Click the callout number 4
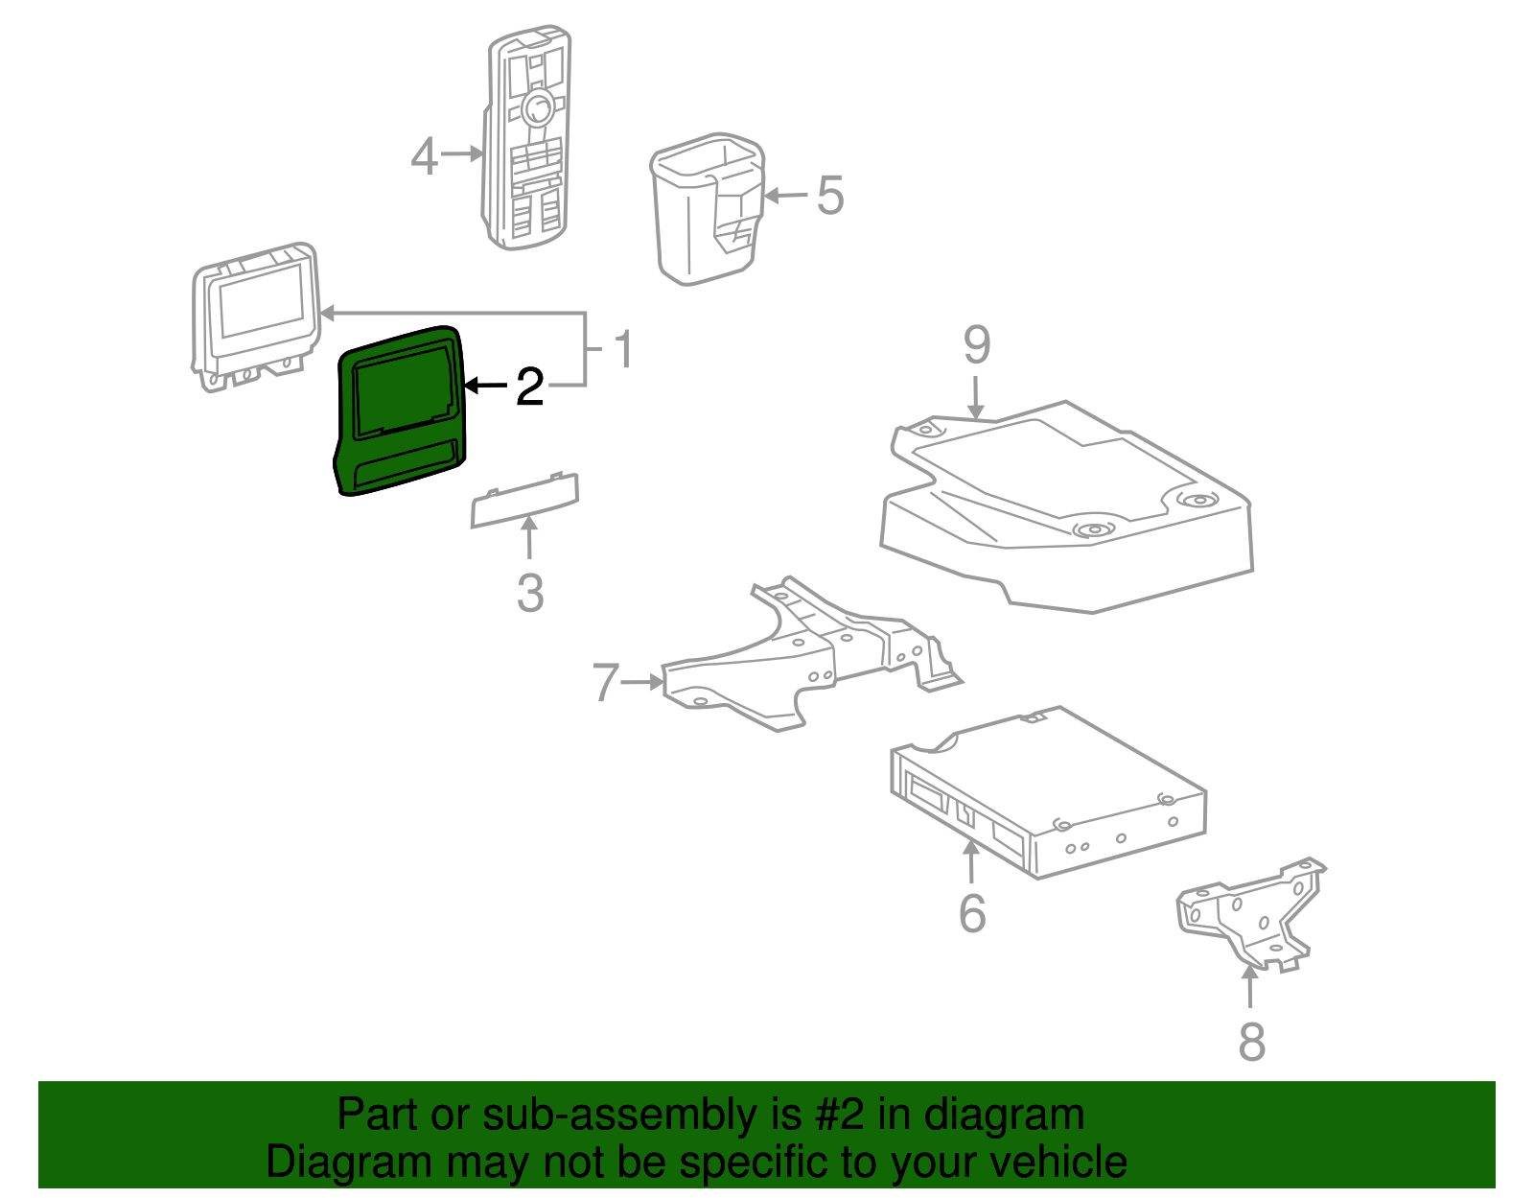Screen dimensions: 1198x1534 pos(424,156)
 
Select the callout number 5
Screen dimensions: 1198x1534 pos(829,196)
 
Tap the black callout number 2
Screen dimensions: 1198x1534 pos(529,387)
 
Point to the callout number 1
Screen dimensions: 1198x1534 pos(623,349)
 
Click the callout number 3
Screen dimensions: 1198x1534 pos(530,593)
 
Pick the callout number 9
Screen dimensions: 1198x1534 pos(976,345)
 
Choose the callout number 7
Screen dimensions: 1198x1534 pos(605,683)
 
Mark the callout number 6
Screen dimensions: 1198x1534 pos(972,912)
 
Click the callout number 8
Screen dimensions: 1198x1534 pos(1251,1042)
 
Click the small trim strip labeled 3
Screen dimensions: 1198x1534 pos(524,501)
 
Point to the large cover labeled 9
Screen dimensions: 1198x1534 pos(1064,508)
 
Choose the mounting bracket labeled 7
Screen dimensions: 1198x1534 pos(796,662)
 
